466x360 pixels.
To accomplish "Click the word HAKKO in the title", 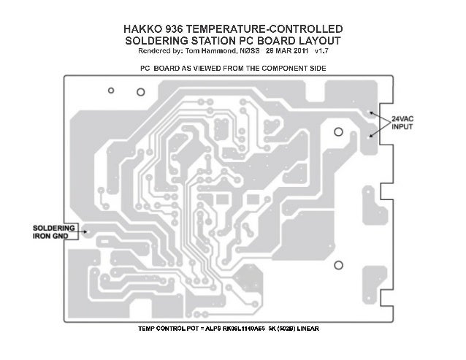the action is pos(148,28).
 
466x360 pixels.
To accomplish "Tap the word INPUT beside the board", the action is pos(404,126).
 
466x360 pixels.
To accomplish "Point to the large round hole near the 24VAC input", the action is pos(338,132).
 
